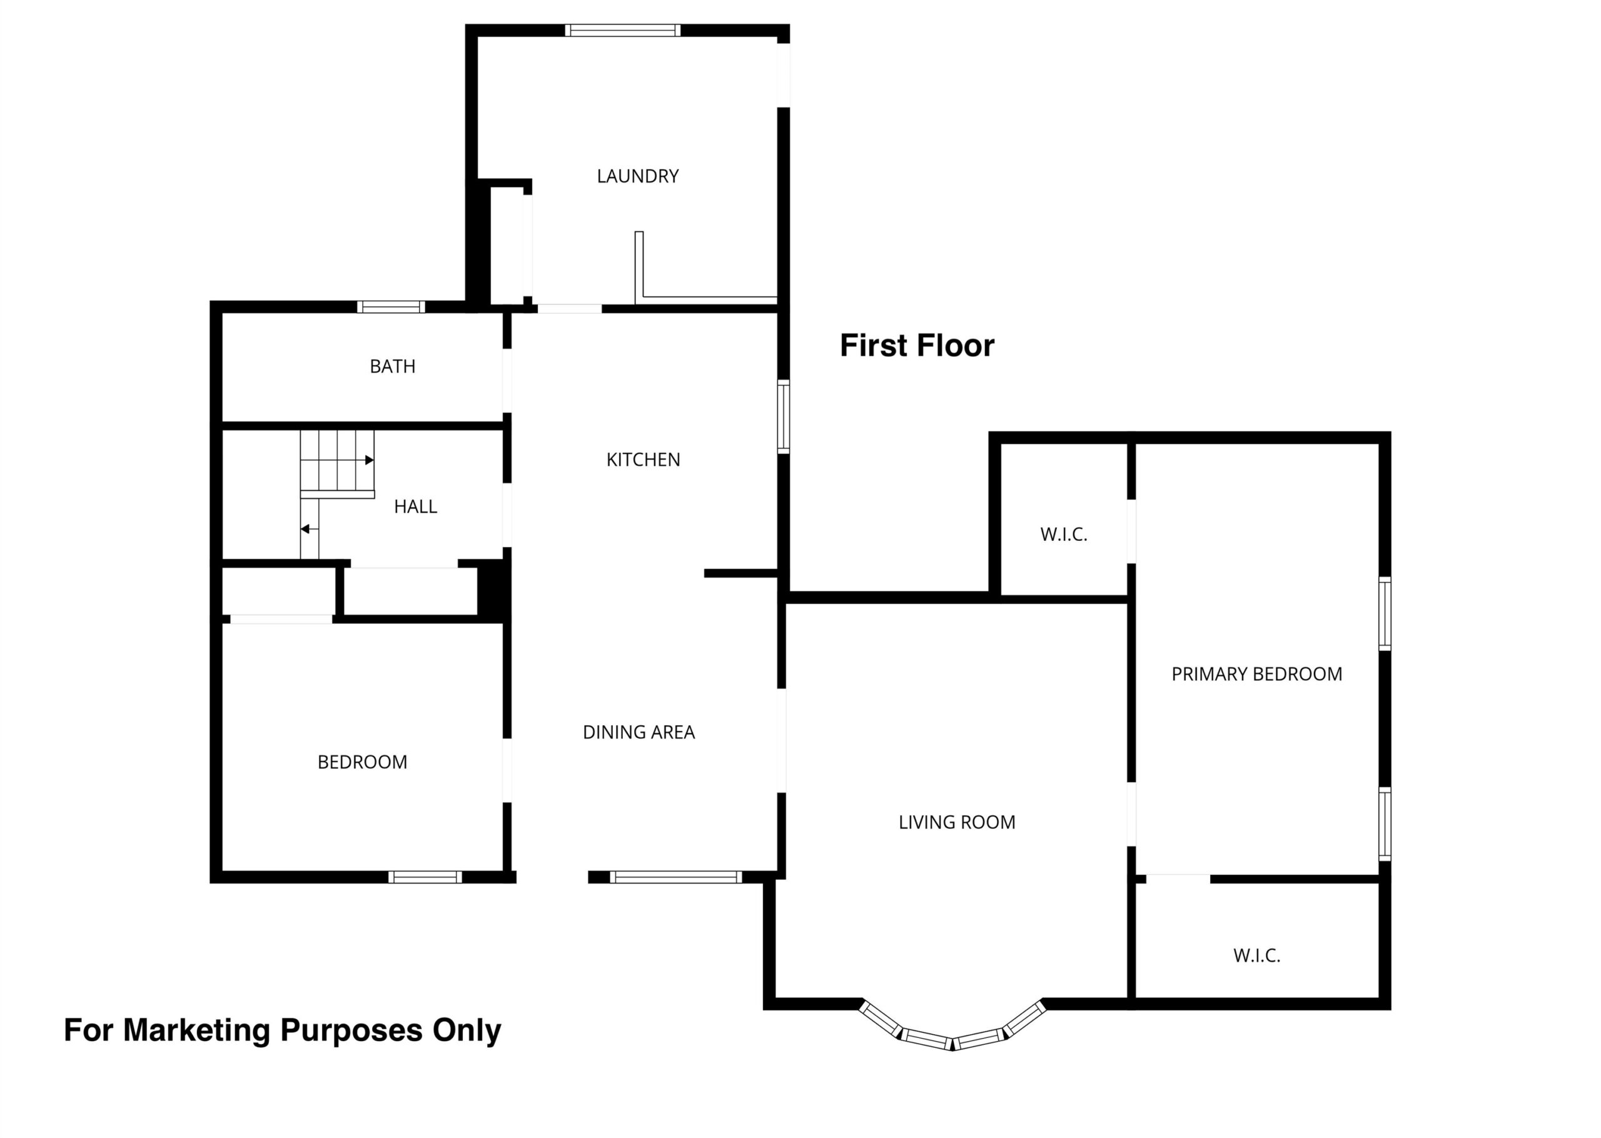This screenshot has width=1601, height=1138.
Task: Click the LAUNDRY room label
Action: pyautogui.click(x=638, y=176)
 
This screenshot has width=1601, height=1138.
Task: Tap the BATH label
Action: pyautogui.click(x=392, y=366)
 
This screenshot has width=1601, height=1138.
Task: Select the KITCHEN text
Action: pyautogui.click(x=643, y=460)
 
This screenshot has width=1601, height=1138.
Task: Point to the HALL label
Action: pyautogui.click(x=415, y=506)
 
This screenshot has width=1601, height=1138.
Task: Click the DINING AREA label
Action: pyautogui.click(x=639, y=732)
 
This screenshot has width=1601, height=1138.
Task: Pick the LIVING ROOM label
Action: pyautogui.click(x=957, y=822)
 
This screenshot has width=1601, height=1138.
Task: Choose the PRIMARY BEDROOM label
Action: pyautogui.click(x=1257, y=674)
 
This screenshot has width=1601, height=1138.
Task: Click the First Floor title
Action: pyautogui.click(x=917, y=345)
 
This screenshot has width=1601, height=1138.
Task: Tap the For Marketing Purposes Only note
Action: pyautogui.click(x=283, y=1030)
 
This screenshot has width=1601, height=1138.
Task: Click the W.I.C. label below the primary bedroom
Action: pyautogui.click(x=1257, y=955)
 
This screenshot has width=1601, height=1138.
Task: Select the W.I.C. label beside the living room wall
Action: pyautogui.click(x=1064, y=535)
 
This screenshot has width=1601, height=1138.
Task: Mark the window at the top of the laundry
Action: pyautogui.click(x=623, y=30)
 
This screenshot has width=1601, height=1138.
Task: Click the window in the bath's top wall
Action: pyautogui.click(x=391, y=307)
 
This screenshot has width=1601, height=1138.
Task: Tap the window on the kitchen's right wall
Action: pyautogui.click(x=784, y=416)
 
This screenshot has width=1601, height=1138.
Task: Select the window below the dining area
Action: pyautogui.click(x=675, y=877)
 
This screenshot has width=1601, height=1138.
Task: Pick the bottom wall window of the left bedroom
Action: pyautogui.click(x=425, y=877)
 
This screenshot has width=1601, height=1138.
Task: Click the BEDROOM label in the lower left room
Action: pyautogui.click(x=362, y=762)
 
